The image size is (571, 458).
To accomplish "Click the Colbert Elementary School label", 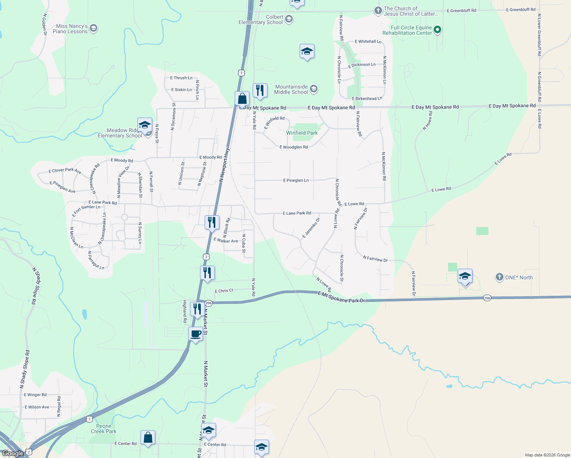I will tap(261, 20).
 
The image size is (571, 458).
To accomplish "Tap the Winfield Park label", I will tap(302, 133).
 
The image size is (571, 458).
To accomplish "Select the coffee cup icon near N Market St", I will tap(196, 334).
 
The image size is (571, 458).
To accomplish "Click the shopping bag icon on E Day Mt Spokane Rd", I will tap(242, 99).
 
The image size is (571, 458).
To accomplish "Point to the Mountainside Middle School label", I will tap(291, 89).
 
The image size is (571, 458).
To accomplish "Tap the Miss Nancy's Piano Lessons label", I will tap(72, 29).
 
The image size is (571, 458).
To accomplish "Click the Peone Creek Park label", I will tap(103, 429).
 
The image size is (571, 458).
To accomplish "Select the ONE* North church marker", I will tap(500, 277).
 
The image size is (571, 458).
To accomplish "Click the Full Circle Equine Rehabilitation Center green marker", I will tap(438, 29).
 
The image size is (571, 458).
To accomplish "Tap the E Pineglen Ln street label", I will tap(296, 180).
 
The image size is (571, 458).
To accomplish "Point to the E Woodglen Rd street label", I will tap(294, 147).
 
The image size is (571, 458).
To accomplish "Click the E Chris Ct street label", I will tap(224, 291).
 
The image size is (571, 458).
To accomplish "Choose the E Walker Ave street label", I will tap(226, 240).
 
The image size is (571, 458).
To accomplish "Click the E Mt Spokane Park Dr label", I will tap(341, 298).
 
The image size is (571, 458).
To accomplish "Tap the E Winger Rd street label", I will tap(35, 395).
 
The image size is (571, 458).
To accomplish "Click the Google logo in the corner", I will tap(13, 453).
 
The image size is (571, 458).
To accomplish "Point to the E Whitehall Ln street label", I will tap(368, 42).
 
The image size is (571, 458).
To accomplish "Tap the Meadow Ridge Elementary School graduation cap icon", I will tap(145, 125).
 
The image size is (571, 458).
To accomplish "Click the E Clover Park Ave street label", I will tap(65, 171).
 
